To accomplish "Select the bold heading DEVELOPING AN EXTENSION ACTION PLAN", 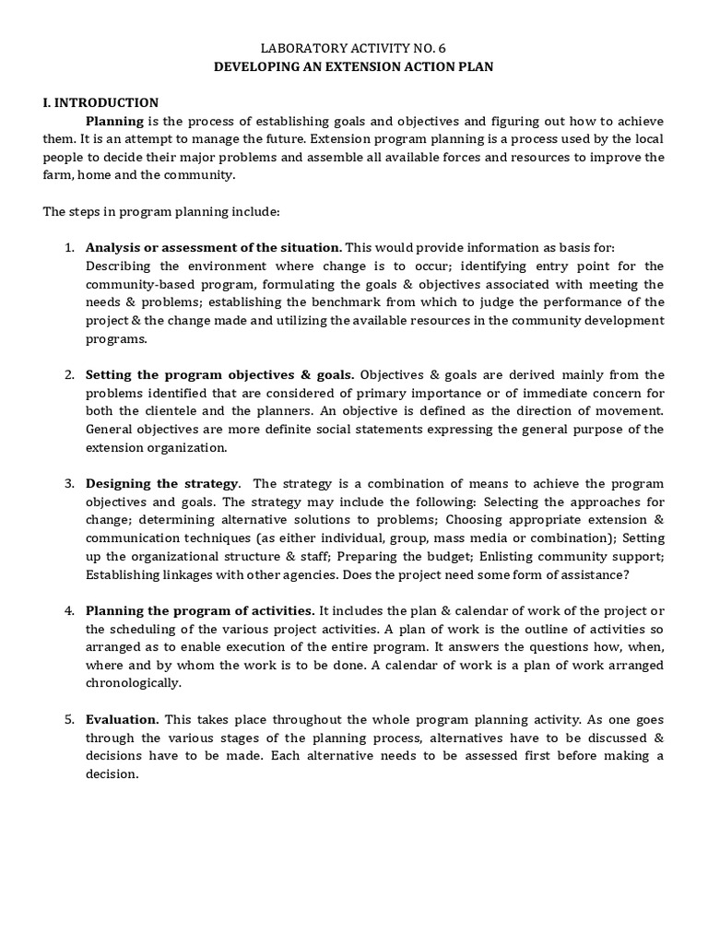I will tap(354, 67).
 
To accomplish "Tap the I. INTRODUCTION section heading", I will tap(100, 103).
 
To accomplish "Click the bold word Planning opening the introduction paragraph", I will tap(114, 121).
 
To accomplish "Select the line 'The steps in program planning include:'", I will tap(160, 211).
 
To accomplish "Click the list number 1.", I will tap(68, 247).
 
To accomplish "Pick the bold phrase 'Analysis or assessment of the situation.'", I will tap(214, 247).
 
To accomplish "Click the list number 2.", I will tap(68, 374).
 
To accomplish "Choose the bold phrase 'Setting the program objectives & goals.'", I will tap(220, 374).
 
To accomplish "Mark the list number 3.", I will tap(68, 483).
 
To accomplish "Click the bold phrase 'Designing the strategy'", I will tap(162, 483).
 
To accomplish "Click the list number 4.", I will tap(68, 610).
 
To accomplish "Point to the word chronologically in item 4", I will tap(134, 683).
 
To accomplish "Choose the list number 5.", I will tap(68, 719).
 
